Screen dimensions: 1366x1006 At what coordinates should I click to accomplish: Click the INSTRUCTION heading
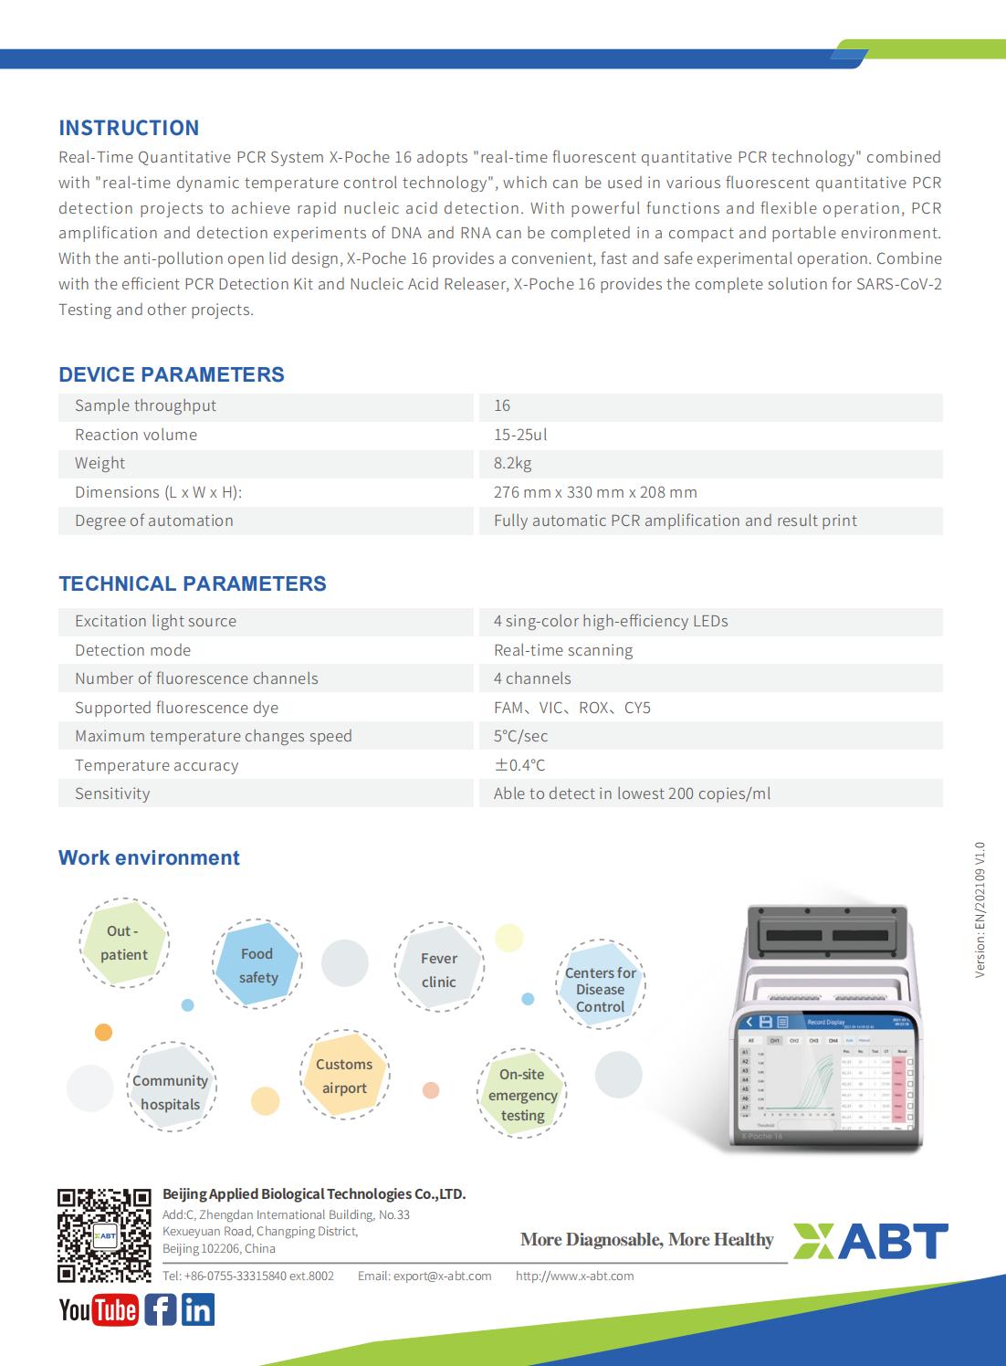129,128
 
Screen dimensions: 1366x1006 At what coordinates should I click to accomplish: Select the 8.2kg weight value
513,463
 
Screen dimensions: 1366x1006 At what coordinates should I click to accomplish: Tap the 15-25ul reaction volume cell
520,435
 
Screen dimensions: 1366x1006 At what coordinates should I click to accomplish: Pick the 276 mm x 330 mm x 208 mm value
595,492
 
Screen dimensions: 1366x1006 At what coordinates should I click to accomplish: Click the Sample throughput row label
145,405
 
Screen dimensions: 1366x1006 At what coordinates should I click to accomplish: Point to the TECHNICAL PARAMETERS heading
192,583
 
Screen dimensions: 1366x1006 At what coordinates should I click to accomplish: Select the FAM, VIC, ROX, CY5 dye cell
572,708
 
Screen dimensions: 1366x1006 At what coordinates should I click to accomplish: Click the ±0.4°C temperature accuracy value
519,765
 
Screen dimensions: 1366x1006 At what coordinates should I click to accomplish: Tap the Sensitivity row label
112,793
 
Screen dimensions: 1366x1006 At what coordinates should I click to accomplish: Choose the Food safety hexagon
257,965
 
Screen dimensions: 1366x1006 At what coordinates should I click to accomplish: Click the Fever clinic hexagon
439,970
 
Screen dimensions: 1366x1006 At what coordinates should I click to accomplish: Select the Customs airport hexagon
344,1076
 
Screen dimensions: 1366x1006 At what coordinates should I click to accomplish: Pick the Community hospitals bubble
171,1092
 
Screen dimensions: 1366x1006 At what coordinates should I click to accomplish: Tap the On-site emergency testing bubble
522,1095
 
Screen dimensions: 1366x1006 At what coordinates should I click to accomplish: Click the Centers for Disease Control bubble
600,990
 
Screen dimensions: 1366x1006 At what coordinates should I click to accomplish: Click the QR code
104,1235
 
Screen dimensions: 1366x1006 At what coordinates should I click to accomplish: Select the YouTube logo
99,1310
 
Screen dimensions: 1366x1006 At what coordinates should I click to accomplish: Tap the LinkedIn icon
198,1310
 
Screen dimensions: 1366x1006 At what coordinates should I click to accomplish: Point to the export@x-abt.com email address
424,1276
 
